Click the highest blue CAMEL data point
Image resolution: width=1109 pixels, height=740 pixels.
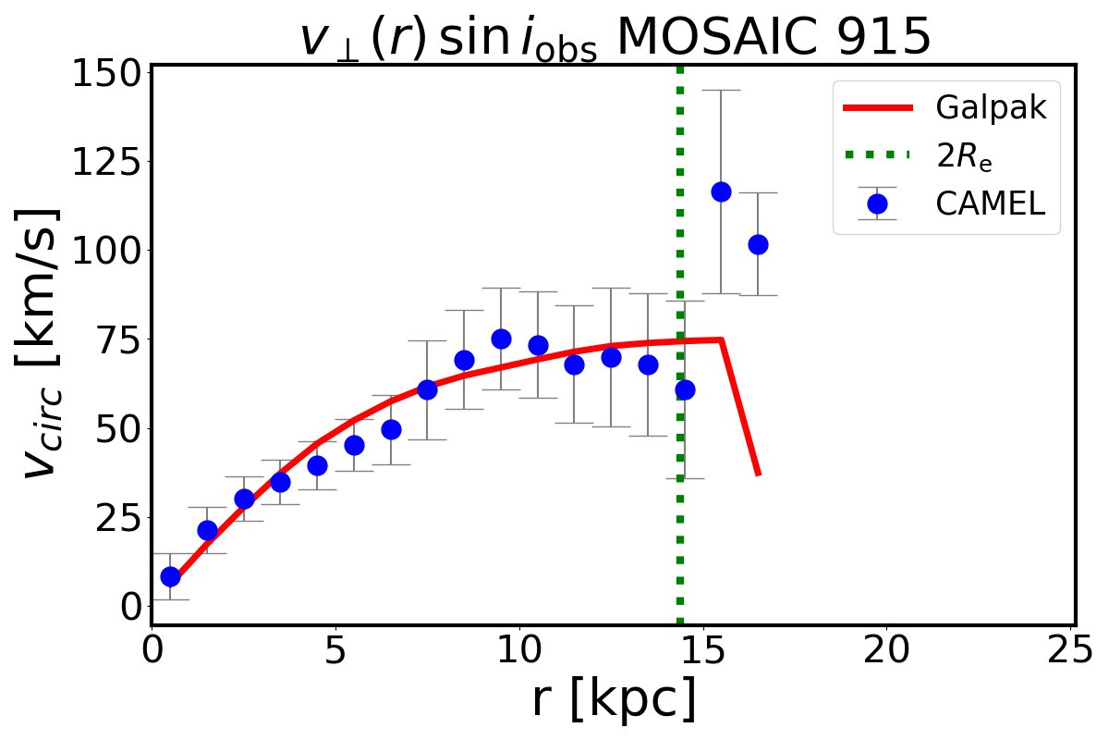coord(721,191)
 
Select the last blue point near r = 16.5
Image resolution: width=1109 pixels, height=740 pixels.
coord(758,244)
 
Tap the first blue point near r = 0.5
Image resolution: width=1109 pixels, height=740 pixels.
coord(170,576)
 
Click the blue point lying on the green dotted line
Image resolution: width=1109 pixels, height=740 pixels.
coord(685,389)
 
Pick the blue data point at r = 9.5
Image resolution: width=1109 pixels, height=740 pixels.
coord(501,339)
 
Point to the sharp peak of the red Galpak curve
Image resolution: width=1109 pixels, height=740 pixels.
coord(720,340)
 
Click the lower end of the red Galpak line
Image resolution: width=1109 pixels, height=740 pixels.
coord(758,475)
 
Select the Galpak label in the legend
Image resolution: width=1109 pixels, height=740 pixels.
coord(991,108)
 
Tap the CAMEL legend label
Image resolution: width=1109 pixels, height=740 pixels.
coord(991,203)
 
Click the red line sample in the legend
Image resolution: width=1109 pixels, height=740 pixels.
coord(877,108)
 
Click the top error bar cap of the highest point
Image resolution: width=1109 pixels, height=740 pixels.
coord(721,90)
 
